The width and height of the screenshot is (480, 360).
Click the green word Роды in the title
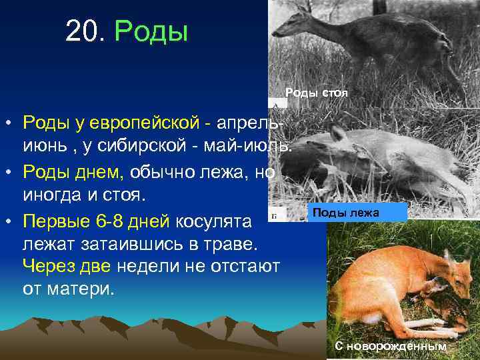pos(152,31)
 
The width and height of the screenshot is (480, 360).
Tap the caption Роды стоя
pos(317,93)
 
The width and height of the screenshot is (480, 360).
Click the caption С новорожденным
pos(390,347)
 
